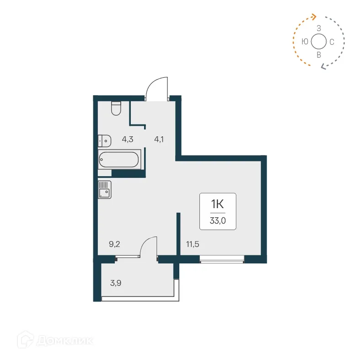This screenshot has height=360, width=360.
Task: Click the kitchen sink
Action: (x=104, y=189)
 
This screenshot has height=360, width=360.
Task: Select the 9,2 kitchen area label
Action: (x=114, y=244)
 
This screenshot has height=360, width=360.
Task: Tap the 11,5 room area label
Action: (x=193, y=244)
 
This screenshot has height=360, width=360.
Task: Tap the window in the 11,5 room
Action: (x=222, y=261)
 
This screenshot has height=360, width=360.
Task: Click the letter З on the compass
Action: (x=319, y=28)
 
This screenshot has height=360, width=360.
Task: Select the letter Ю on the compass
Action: (x=305, y=42)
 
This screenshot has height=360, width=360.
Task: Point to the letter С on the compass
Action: (x=332, y=42)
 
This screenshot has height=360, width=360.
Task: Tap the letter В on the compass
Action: (x=319, y=55)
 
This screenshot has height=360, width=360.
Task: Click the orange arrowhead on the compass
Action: (x=313, y=16)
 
